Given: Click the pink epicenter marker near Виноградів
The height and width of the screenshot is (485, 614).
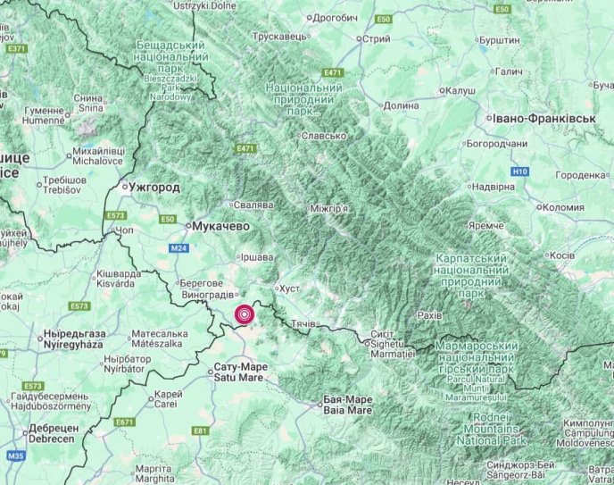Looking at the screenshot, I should click(x=244, y=314).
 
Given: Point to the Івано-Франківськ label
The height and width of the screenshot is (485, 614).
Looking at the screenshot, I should click(x=535, y=118).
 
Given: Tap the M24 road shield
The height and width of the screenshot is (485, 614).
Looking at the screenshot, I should click(x=178, y=247).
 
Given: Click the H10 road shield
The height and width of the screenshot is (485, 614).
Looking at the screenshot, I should click(x=520, y=171).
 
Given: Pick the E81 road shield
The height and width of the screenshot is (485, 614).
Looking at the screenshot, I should click(x=200, y=431).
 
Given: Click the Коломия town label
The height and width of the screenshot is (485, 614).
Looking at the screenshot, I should click(x=565, y=207).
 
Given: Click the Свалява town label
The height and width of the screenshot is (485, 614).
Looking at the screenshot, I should click(x=253, y=205).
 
